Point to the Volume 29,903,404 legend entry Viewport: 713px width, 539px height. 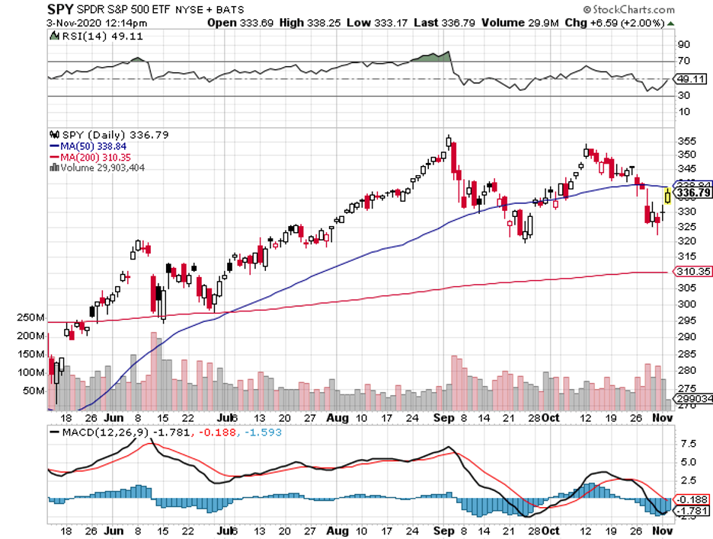pyautogui.click(x=103, y=167)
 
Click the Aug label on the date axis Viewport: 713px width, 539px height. pyautogui.click(x=338, y=418)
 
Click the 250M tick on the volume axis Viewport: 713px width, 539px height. pyautogui.click(x=30, y=318)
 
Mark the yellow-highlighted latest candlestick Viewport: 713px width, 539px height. pyautogui.click(x=668, y=196)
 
